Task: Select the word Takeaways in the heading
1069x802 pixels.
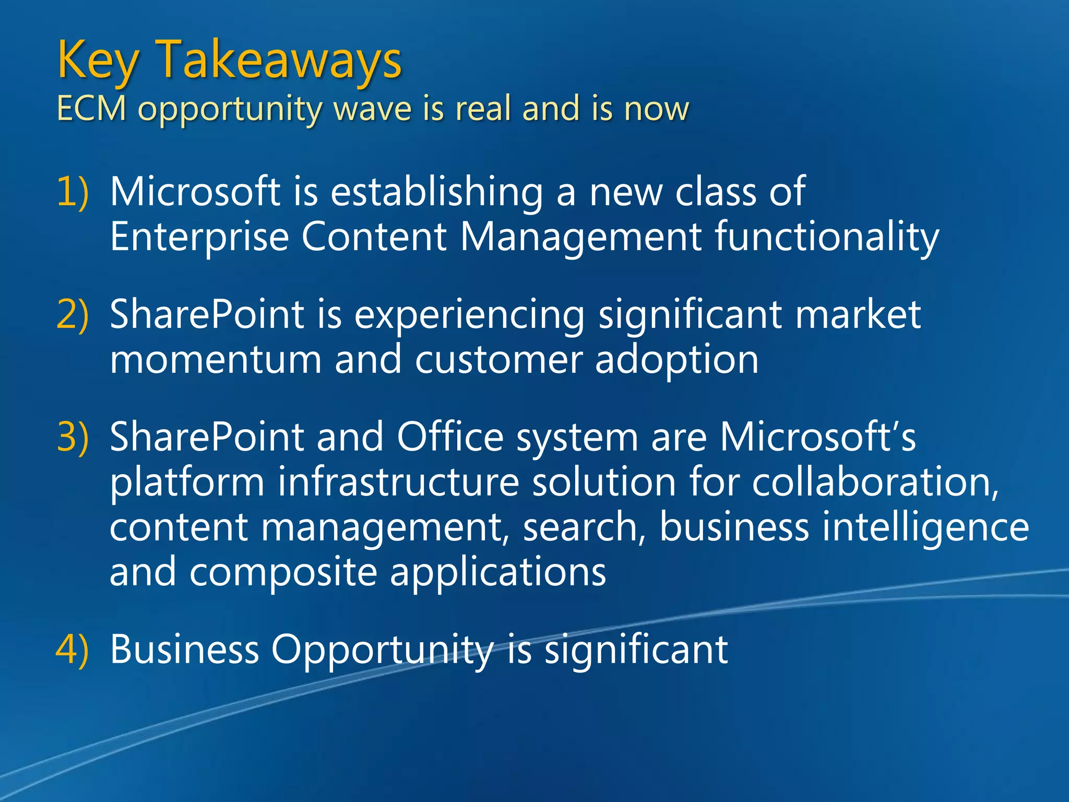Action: click(279, 61)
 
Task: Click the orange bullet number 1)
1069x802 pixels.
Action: click(73, 192)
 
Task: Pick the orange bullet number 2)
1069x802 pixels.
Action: click(73, 315)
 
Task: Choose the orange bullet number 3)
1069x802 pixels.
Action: click(73, 437)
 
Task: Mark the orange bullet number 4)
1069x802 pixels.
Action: click(73, 650)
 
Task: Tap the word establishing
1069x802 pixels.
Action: click(436, 192)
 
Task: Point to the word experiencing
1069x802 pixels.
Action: click(469, 316)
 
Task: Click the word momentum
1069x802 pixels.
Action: click(216, 360)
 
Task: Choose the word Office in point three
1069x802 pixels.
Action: click(450, 437)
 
